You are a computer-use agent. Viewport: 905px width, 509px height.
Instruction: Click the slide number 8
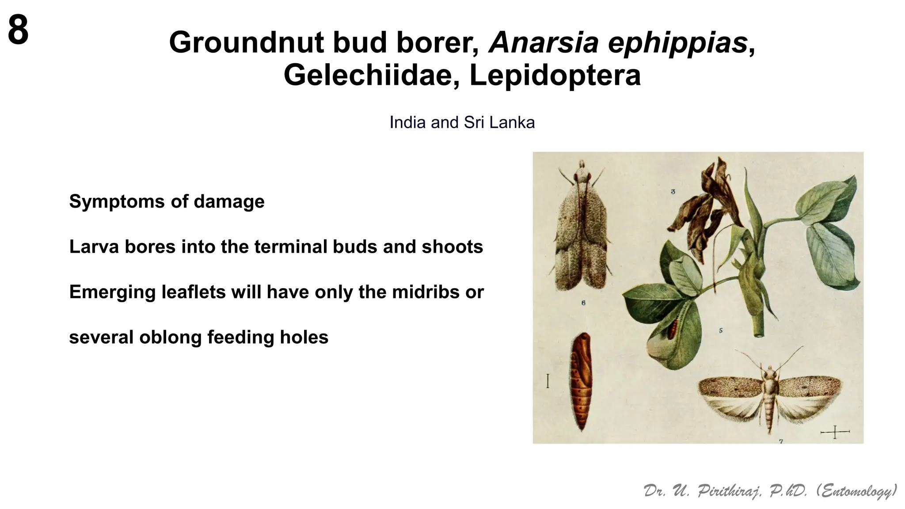18,30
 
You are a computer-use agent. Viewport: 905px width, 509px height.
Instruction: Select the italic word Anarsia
543,43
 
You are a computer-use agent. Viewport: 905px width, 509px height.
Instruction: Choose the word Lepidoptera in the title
555,75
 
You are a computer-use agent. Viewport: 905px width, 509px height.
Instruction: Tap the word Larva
93,247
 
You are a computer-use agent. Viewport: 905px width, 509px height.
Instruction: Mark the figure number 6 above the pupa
583,303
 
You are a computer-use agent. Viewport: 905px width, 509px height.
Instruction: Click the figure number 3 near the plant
673,192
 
